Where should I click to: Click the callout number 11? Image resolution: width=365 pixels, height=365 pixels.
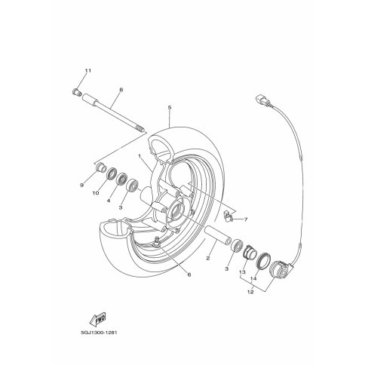pyautogui.click(x=87, y=71)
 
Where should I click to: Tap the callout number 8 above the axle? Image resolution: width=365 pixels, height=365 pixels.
pyautogui.click(x=121, y=90)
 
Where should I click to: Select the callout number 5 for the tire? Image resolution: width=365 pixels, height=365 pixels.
pyautogui.click(x=170, y=108)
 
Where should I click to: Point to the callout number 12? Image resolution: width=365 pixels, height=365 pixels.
pyautogui.click(x=250, y=292)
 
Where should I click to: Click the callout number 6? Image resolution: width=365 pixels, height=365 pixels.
pyautogui.click(x=189, y=275)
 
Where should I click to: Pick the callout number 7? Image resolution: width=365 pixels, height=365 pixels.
pyautogui.click(x=246, y=219)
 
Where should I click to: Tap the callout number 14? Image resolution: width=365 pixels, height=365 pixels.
pyautogui.click(x=253, y=278)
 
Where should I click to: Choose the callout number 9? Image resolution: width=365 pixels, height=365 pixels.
pyautogui.click(x=81, y=186)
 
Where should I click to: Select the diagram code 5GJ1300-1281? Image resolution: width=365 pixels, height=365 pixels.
pyautogui.click(x=99, y=333)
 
